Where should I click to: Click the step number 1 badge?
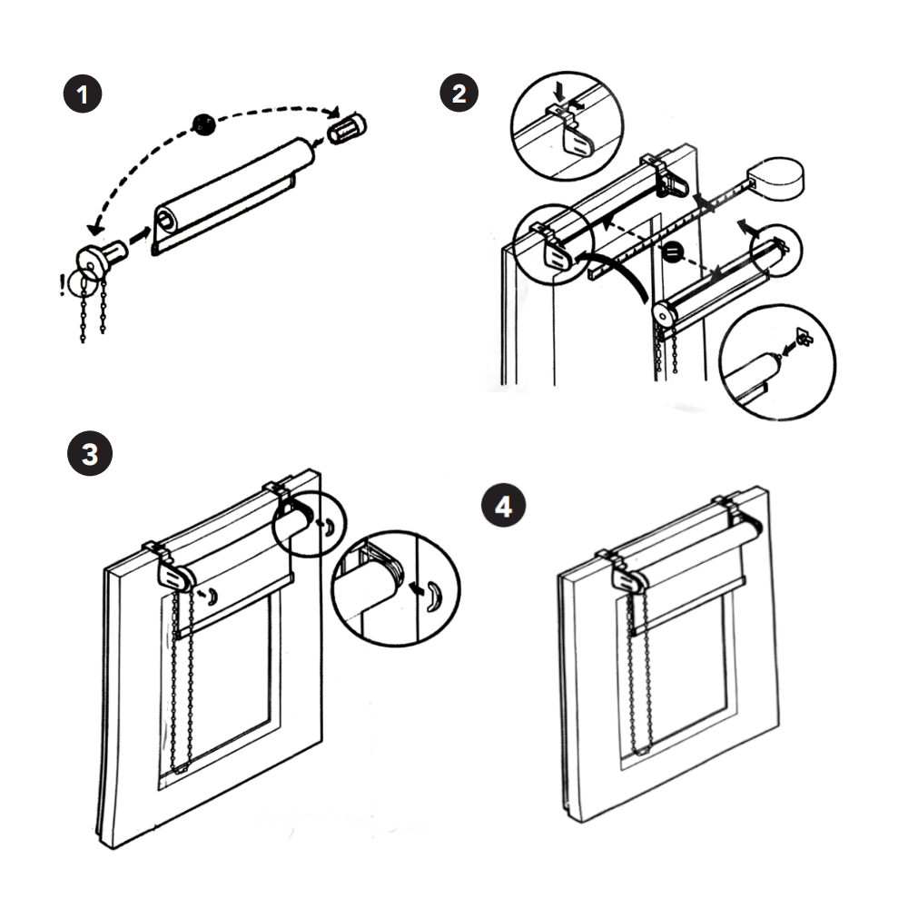(x=83, y=95)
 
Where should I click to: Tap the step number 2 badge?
(x=459, y=92)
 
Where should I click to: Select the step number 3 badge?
(x=90, y=453)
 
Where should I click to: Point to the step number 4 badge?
(x=503, y=507)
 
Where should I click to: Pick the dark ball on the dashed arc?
(x=205, y=125)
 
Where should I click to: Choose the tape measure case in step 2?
(x=779, y=175)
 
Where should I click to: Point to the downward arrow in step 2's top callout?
(x=561, y=92)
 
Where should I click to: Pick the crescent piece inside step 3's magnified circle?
(x=434, y=594)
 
